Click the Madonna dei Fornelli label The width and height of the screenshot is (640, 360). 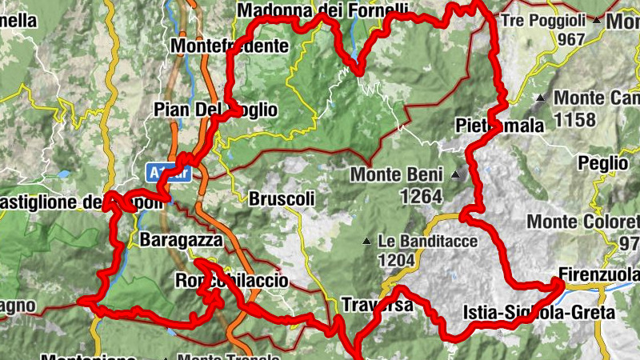[322, 10]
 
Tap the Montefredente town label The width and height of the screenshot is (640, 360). [229, 46]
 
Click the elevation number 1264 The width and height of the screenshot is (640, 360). [404, 195]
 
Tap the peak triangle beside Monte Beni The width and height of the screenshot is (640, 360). [455, 174]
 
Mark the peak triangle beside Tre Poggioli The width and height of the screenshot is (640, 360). [597, 18]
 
